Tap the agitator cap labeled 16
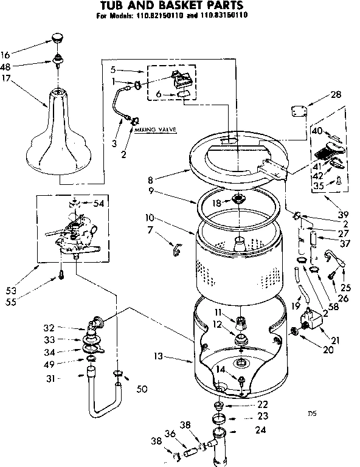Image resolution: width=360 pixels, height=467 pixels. coord(58,38)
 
